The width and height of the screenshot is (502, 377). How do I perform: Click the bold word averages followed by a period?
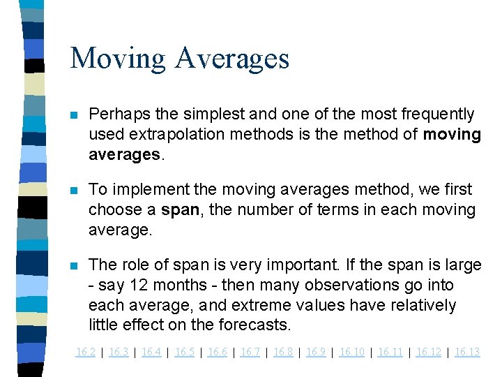click(124, 154)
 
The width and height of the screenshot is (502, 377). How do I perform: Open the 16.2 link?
click(85, 352)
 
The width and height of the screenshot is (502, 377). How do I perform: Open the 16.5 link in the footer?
click(185, 352)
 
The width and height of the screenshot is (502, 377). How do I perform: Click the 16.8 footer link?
click(283, 352)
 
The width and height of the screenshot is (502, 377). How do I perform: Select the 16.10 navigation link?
click(351, 352)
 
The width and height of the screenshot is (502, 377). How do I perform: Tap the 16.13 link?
click(467, 352)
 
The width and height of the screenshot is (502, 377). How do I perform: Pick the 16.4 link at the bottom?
click(151, 352)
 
